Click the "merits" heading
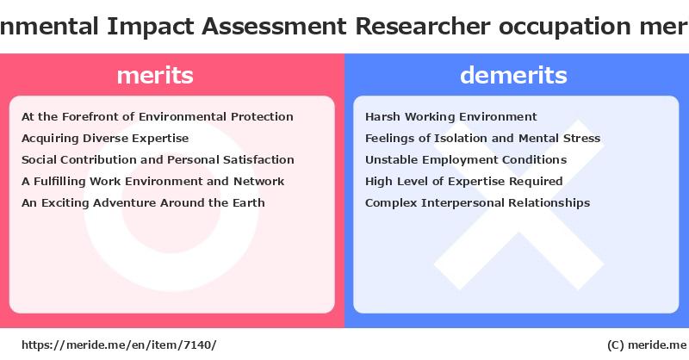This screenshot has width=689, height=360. coord(155,75)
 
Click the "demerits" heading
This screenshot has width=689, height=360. coord(513,75)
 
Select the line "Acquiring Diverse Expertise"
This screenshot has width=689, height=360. coord(105,139)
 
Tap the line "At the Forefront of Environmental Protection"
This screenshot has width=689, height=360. coord(158,116)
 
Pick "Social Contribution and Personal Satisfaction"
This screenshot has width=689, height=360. coord(158,159)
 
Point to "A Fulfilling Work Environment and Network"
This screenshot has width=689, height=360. coord(153,182)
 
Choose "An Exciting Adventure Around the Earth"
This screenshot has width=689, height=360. coord(143,203)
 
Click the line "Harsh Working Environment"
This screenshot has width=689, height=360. coord(450,117)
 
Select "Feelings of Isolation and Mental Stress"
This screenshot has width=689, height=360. coord(482,139)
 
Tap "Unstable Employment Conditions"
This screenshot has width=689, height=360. coord(466,160)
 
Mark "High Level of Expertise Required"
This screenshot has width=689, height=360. coord(464,182)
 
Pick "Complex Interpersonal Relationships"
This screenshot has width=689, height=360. coord(478,203)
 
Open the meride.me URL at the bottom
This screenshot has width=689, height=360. coord(119,345)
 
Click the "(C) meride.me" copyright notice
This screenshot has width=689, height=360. coord(647,345)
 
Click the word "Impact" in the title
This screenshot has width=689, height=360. coord(150,27)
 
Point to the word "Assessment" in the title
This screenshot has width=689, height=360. coord(274,27)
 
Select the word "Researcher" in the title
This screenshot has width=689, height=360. coord(423,27)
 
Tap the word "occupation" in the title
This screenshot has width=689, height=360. coord(565,28)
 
